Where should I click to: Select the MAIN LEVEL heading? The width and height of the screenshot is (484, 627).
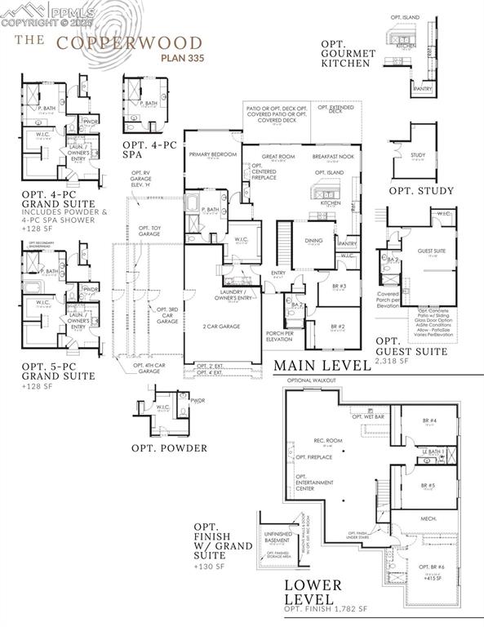[322, 365]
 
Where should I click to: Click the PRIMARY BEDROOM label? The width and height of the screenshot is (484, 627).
[212, 154]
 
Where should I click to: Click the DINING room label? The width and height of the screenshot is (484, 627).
[313, 240]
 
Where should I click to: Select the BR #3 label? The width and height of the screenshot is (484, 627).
[340, 286]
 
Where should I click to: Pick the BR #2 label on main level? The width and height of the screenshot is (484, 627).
[339, 326]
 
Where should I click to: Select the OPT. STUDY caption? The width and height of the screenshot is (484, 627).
[421, 191]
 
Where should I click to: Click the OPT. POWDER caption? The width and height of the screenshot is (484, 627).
[169, 447]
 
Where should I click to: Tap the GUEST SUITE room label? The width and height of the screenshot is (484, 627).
[432, 251]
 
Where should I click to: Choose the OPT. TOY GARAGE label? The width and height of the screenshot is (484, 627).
[149, 230]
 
